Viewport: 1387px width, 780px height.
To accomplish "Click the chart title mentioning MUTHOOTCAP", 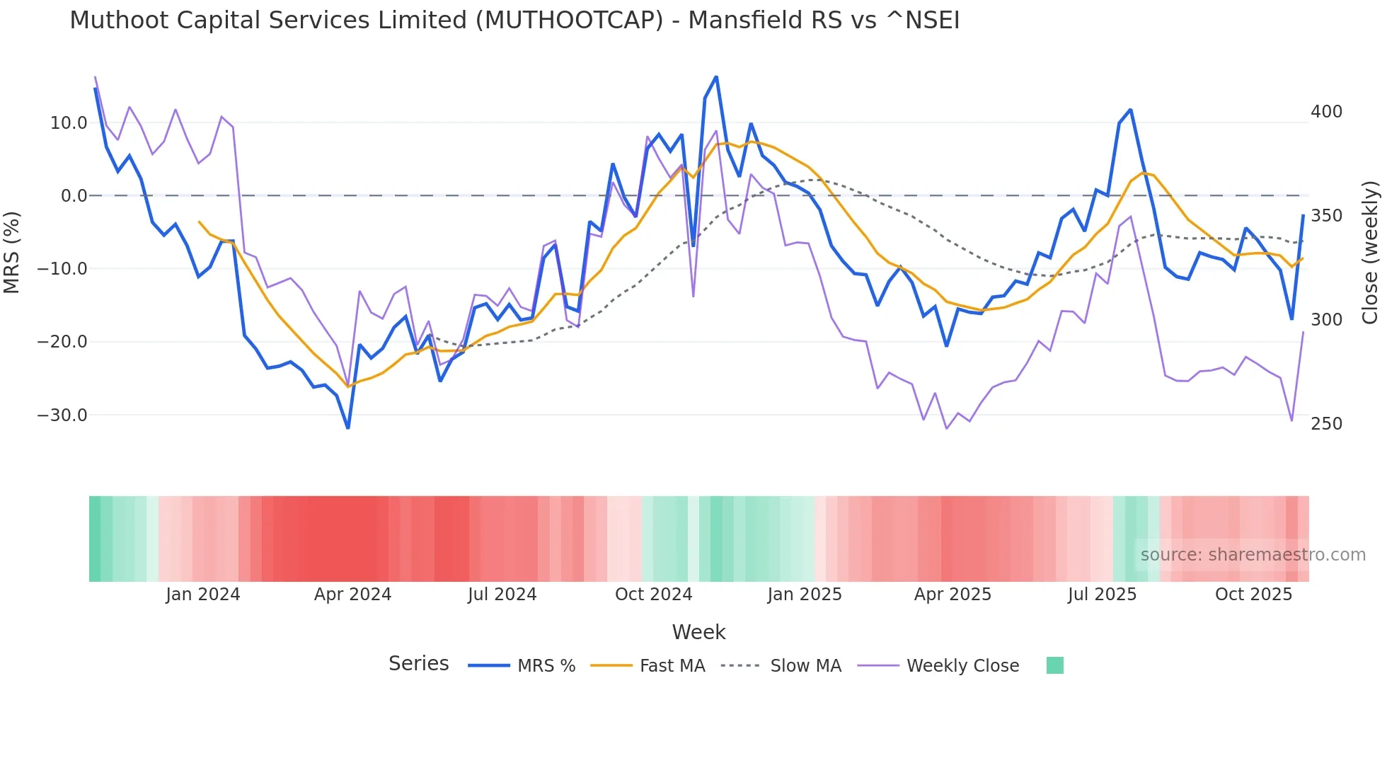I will click(514, 21).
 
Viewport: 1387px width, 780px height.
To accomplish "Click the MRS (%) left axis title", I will click(12, 252).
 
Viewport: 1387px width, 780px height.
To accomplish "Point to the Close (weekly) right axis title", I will click(1370, 252).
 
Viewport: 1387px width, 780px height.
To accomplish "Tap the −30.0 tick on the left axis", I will click(62, 415).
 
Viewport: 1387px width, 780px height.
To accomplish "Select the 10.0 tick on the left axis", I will click(69, 123).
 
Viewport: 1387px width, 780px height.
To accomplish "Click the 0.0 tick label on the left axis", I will click(74, 196).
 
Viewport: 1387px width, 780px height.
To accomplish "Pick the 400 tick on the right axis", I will click(1326, 112).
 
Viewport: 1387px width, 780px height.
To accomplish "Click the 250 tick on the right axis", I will click(1326, 424).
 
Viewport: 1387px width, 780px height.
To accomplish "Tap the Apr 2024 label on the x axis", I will click(352, 595).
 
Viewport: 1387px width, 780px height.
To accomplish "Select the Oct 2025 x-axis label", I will click(1253, 595).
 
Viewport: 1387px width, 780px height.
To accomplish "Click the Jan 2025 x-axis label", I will click(805, 595).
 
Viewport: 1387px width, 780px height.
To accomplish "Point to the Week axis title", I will click(698, 632).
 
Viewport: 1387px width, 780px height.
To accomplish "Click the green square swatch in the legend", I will click(1054, 665).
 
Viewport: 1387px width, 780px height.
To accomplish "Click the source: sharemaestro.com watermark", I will click(1253, 555).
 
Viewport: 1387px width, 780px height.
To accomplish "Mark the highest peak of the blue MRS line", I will click(716, 76).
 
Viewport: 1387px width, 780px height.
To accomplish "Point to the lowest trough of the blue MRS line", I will click(348, 428).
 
